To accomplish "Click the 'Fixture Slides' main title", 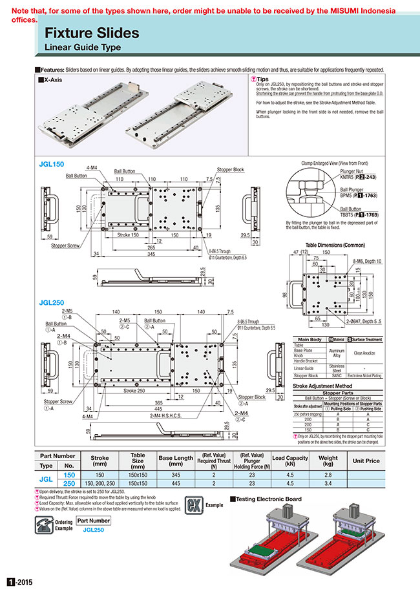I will point(91,33).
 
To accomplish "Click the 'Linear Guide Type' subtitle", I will point(82,48).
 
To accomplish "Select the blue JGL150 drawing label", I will point(52,165).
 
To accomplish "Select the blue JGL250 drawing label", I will point(52,285).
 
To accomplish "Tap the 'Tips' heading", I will point(263,78).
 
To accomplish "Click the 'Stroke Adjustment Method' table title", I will point(326,385).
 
